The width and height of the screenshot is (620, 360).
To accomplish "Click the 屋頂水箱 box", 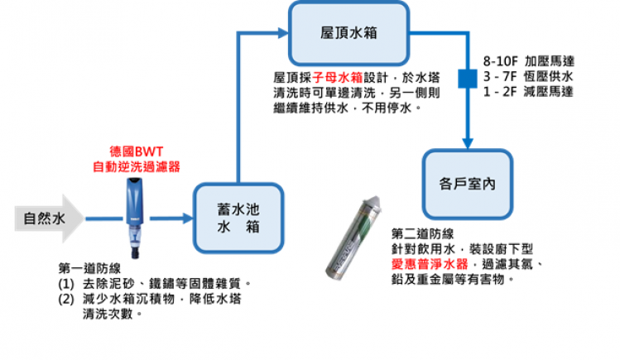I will (348, 32).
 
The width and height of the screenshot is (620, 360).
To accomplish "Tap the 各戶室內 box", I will (468, 184).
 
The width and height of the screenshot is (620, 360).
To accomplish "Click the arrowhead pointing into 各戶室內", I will (466, 142).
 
